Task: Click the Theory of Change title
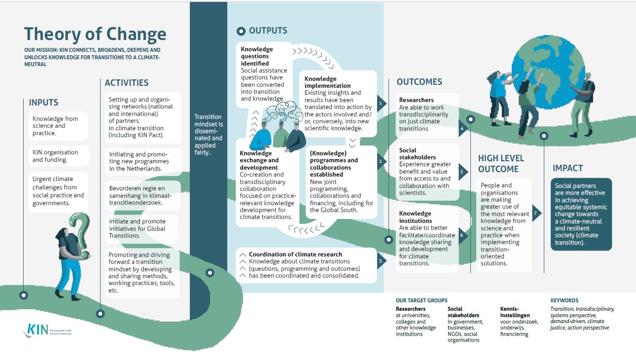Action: (x=95, y=34)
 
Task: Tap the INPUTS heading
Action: (x=43, y=103)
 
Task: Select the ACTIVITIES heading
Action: (x=127, y=83)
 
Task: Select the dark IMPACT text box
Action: (x=581, y=214)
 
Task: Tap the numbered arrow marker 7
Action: (x=536, y=213)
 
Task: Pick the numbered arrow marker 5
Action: (x=461, y=172)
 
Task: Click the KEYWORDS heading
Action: (x=564, y=300)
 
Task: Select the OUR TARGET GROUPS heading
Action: (x=422, y=300)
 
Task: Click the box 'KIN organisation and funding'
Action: (x=59, y=156)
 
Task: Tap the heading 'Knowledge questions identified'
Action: (x=257, y=56)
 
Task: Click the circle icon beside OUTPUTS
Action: (x=241, y=32)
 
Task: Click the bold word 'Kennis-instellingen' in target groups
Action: (x=515, y=312)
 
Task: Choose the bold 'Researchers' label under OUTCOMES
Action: (x=416, y=100)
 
